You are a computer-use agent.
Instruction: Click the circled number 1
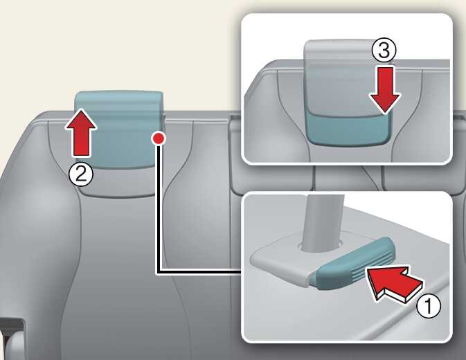(429, 306)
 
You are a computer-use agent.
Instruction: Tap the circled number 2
(81, 174)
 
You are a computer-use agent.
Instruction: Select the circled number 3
(384, 50)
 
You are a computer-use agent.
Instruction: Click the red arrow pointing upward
(81, 132)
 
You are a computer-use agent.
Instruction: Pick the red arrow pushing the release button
(394, 283)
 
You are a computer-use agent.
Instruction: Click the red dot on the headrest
(159, 138)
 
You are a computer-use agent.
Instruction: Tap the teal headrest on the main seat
(119, 129)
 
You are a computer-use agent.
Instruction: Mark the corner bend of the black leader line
(159, 271)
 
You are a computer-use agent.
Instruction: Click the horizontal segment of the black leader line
(199, 271)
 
